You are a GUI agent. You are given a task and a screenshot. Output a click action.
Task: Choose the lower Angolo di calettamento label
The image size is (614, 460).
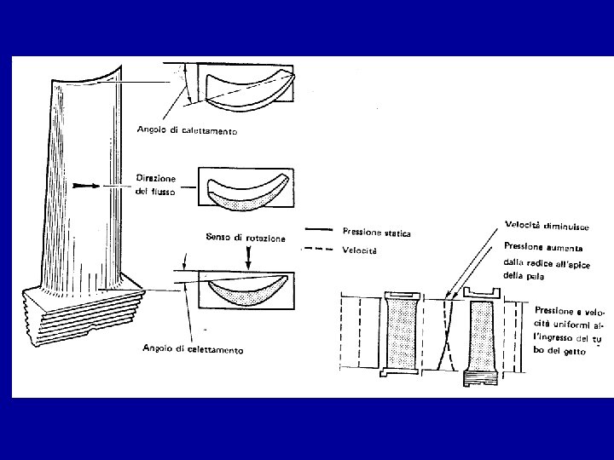click(x=191, y=349)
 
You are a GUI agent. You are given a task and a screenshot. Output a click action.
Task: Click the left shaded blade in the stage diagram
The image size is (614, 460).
click(x=398, y=336)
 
